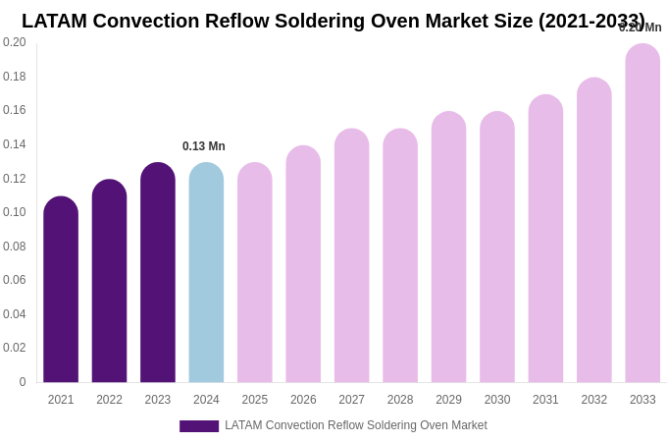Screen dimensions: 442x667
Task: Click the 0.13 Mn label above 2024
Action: point(204,146)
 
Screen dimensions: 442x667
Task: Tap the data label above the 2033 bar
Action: point(641,28)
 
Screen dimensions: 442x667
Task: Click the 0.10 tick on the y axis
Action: point(15,212)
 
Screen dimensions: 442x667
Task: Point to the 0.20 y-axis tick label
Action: point(15,42)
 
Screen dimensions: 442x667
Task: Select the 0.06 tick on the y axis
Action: point(15,280)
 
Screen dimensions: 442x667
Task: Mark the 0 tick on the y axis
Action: point(22,382)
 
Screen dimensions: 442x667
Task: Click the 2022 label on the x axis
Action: point(109,400)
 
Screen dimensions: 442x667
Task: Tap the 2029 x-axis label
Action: point(448,400)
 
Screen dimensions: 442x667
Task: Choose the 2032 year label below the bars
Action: point(594,400)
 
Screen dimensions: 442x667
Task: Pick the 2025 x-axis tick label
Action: point(255,400)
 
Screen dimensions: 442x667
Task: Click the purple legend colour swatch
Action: point(199,426)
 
